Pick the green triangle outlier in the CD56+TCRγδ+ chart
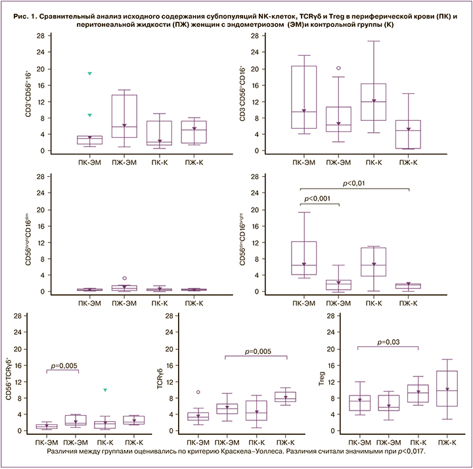click(x=106, y=390)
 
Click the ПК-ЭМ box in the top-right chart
click(x=304, y=97)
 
